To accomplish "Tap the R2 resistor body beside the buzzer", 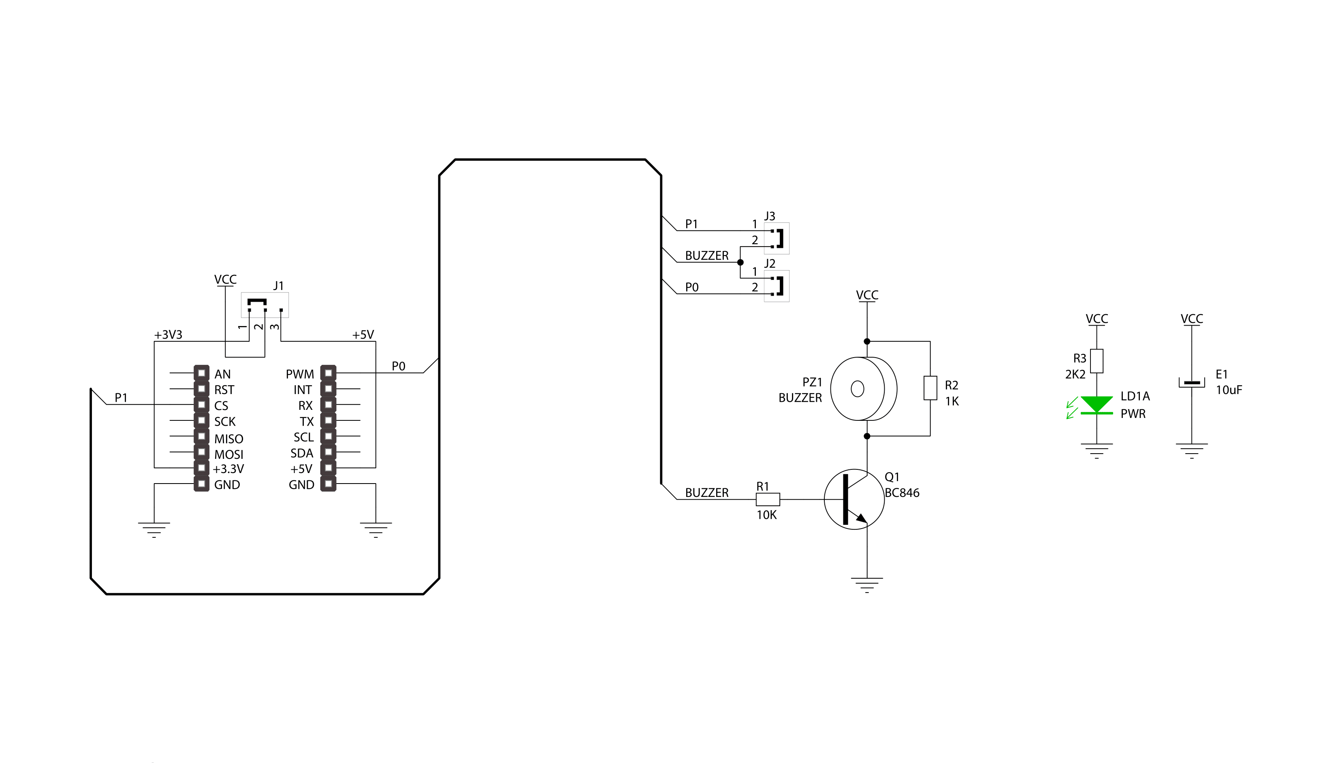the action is tap(930, 388).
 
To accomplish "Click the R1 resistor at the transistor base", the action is tap(768, 499).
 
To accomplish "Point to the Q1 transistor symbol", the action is tap(854, 499).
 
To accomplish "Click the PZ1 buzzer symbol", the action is tap(864, 389).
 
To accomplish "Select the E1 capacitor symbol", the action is tap(1191, 383).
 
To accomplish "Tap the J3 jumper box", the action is tap(776, 239).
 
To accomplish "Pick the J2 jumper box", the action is tap(776, 286).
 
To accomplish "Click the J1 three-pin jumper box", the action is tap(265, 305).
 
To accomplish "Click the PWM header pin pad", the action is tap(328, 373).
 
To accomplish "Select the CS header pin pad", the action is tap(201, 405).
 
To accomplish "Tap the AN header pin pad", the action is tap(201, 373).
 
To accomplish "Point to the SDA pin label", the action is tap(302, 453).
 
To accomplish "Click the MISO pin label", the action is tap(228, 439).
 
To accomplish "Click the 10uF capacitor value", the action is tap(1229, 390).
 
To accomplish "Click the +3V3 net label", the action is tap(168, 335).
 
